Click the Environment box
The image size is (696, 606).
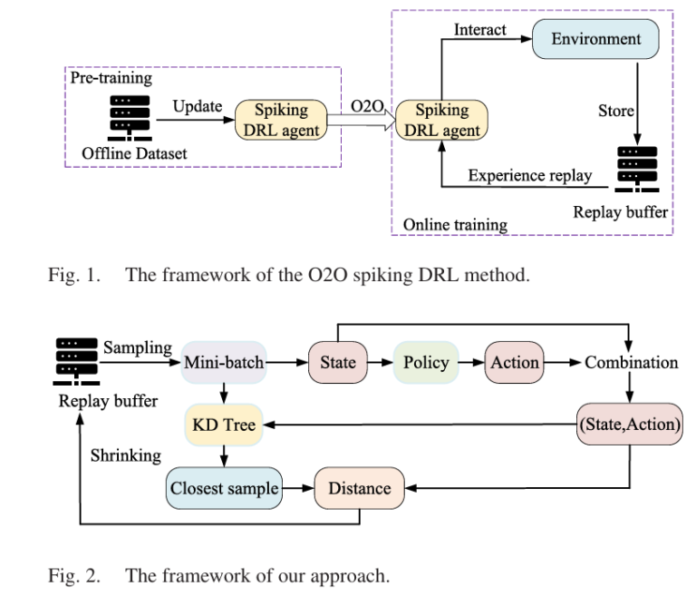point(594,40)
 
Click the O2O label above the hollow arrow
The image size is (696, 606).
point(367,107)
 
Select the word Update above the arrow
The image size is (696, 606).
point(198,106)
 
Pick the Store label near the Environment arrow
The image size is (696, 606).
point(614,111)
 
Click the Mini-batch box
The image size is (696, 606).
point(223,363)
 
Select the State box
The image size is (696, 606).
point(337,363)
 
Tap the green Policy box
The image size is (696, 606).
point(426,363)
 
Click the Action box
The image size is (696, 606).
point(515,363)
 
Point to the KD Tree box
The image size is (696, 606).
point(222,425)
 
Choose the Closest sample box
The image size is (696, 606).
point(223,487)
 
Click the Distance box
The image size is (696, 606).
point(359,487)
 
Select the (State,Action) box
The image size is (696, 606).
point(629,425)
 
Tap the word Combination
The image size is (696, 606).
point(631,363)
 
